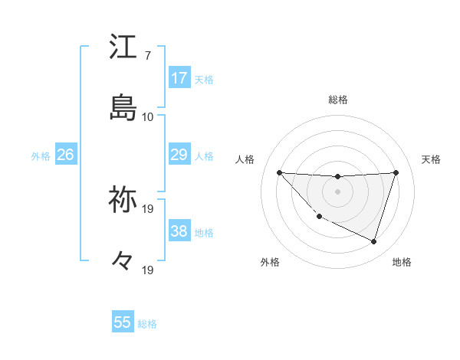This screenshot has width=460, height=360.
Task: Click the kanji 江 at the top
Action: point(123,47)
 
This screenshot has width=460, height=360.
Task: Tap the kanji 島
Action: point(123,108)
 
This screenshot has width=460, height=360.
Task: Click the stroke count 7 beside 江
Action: point(148,56)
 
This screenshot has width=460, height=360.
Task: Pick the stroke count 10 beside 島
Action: point(148,117)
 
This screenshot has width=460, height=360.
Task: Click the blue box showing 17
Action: point(179,78)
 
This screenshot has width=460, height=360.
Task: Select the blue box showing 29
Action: point(179,155)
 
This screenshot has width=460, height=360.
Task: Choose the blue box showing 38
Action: point(179,231)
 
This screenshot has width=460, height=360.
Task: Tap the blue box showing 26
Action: point(65,155)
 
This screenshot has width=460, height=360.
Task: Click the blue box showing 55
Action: point(123,322)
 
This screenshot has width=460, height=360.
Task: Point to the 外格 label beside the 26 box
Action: point(41,156)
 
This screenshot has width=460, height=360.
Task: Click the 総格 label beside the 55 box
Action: point(147,324)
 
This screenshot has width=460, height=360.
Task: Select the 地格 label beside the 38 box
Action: point(204,233)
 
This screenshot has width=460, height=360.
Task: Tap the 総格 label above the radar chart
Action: point(338,100)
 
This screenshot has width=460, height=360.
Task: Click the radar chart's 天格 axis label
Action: point(432,159)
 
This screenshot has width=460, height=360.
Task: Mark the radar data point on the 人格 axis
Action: point(279,172)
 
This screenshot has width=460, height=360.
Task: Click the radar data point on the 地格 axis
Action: point(373,241)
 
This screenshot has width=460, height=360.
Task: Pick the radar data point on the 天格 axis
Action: point(396,172)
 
